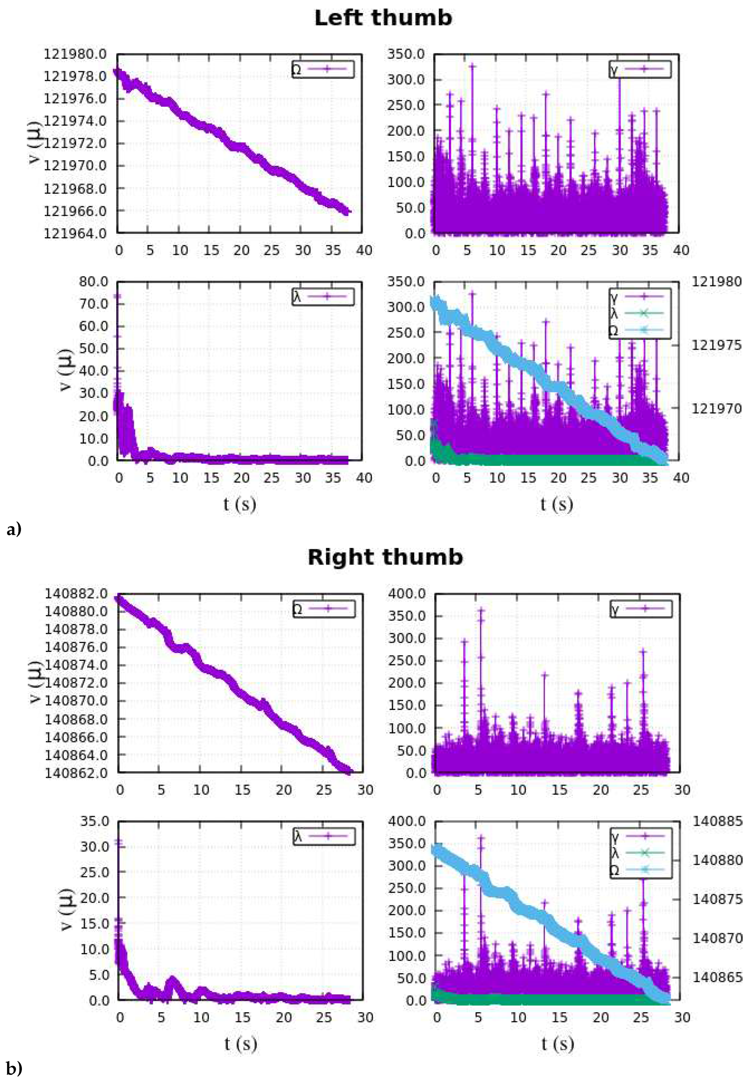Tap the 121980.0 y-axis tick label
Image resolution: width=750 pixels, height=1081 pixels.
[x=75, y=54]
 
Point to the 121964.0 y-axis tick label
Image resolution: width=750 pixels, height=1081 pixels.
[x=75, y=233]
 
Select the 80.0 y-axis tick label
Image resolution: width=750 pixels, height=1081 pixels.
[x=94, y=281]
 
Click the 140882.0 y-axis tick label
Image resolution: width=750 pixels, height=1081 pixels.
[x=76, y=593]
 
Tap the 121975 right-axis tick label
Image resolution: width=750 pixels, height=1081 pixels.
[x=716, y=345]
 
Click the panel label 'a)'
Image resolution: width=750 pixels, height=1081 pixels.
[x=14, y=529]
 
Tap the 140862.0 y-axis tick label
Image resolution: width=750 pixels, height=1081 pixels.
[x=76, y=773]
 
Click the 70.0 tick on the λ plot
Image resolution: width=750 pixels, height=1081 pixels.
[x=94, y=303]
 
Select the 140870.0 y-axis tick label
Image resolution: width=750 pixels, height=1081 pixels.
[x=76, y=700]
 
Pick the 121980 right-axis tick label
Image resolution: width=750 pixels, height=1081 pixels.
[x=716, y=282]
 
